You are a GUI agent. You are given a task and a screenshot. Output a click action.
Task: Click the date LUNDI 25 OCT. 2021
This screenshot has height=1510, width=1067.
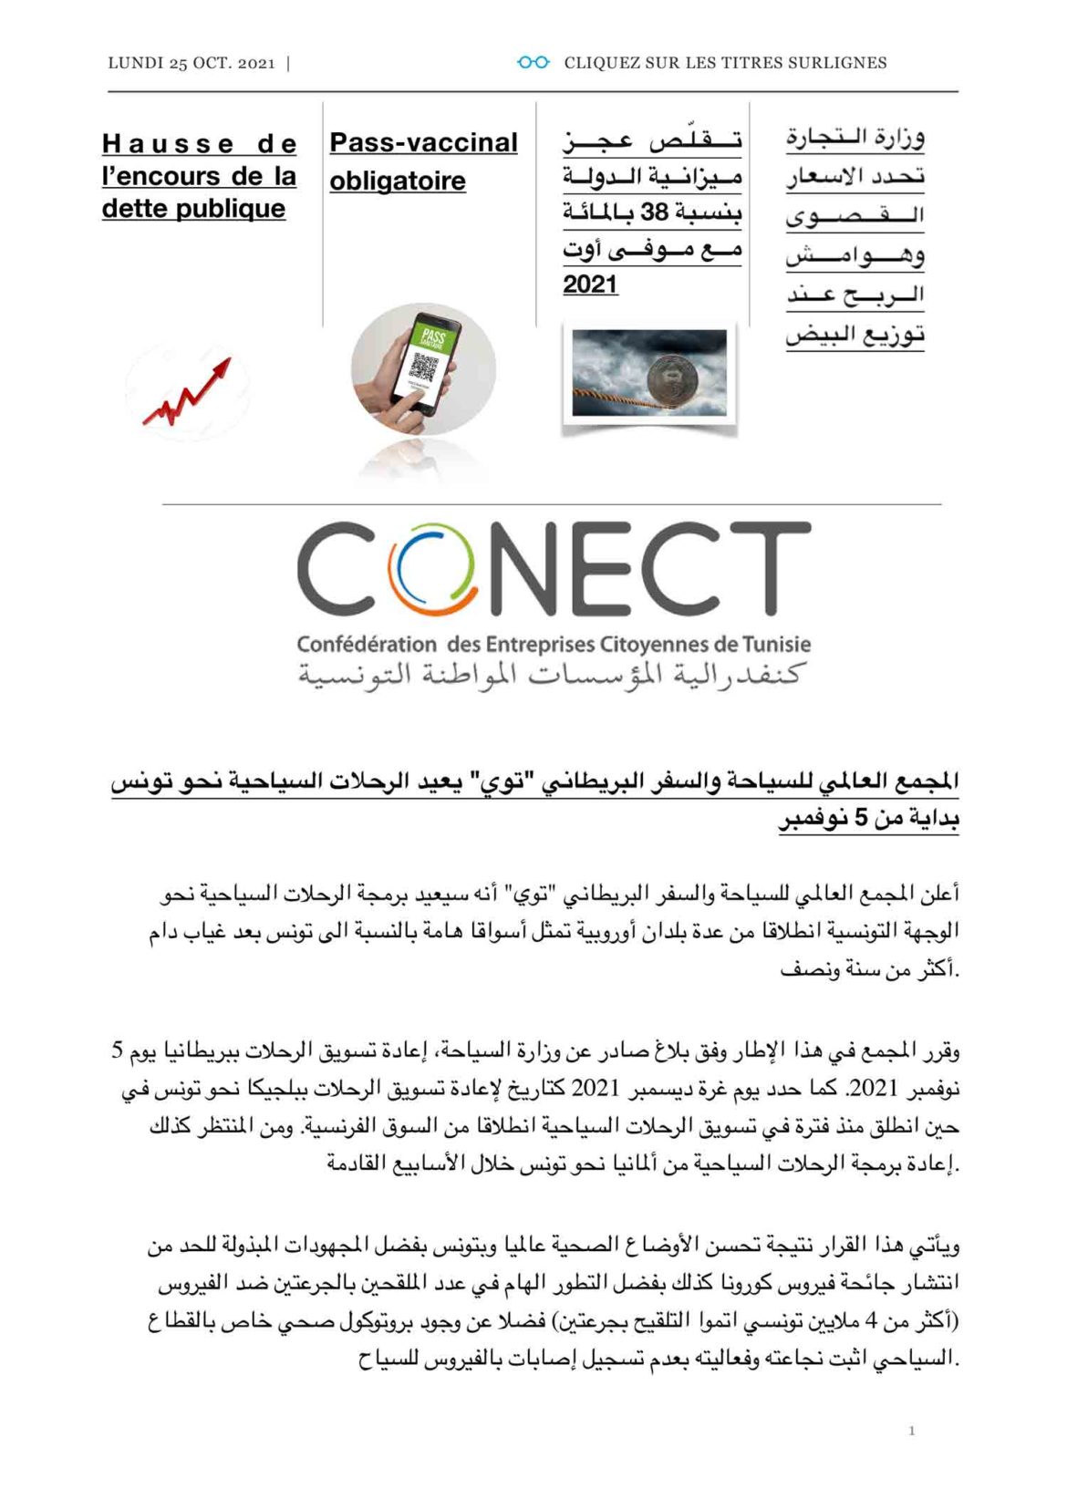pyautogui.click(x=191, y=63)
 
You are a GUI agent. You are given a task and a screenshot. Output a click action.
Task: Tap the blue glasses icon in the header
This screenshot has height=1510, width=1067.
pyautogui.click(x=533, y=62)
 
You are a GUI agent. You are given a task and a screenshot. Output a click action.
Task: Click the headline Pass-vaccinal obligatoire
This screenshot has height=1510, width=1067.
pyautogui.click(x=423, y=161)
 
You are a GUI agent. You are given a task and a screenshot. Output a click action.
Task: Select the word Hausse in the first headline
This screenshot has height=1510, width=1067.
pyautogui.click(x=168, y=144)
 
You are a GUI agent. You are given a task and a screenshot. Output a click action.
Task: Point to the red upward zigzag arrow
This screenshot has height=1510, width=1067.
pyautogui.click(x=187, y=393)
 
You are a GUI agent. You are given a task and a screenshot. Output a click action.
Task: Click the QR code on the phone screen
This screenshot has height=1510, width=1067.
pyautogui.click(x=423, y=367)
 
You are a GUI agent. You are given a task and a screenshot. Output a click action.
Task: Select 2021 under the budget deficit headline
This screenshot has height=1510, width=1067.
pyautogui.click(x=590, y=284)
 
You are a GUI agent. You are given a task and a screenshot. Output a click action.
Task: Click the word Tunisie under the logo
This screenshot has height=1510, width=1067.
pyautogui.click(x=776, y=644)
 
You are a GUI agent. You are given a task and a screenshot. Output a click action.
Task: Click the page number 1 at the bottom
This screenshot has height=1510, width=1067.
pyautogui.click(x=911, y=1431)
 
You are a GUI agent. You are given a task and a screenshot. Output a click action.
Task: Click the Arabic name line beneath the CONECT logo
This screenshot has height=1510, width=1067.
pyautogui.click(x=551, y=676)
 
